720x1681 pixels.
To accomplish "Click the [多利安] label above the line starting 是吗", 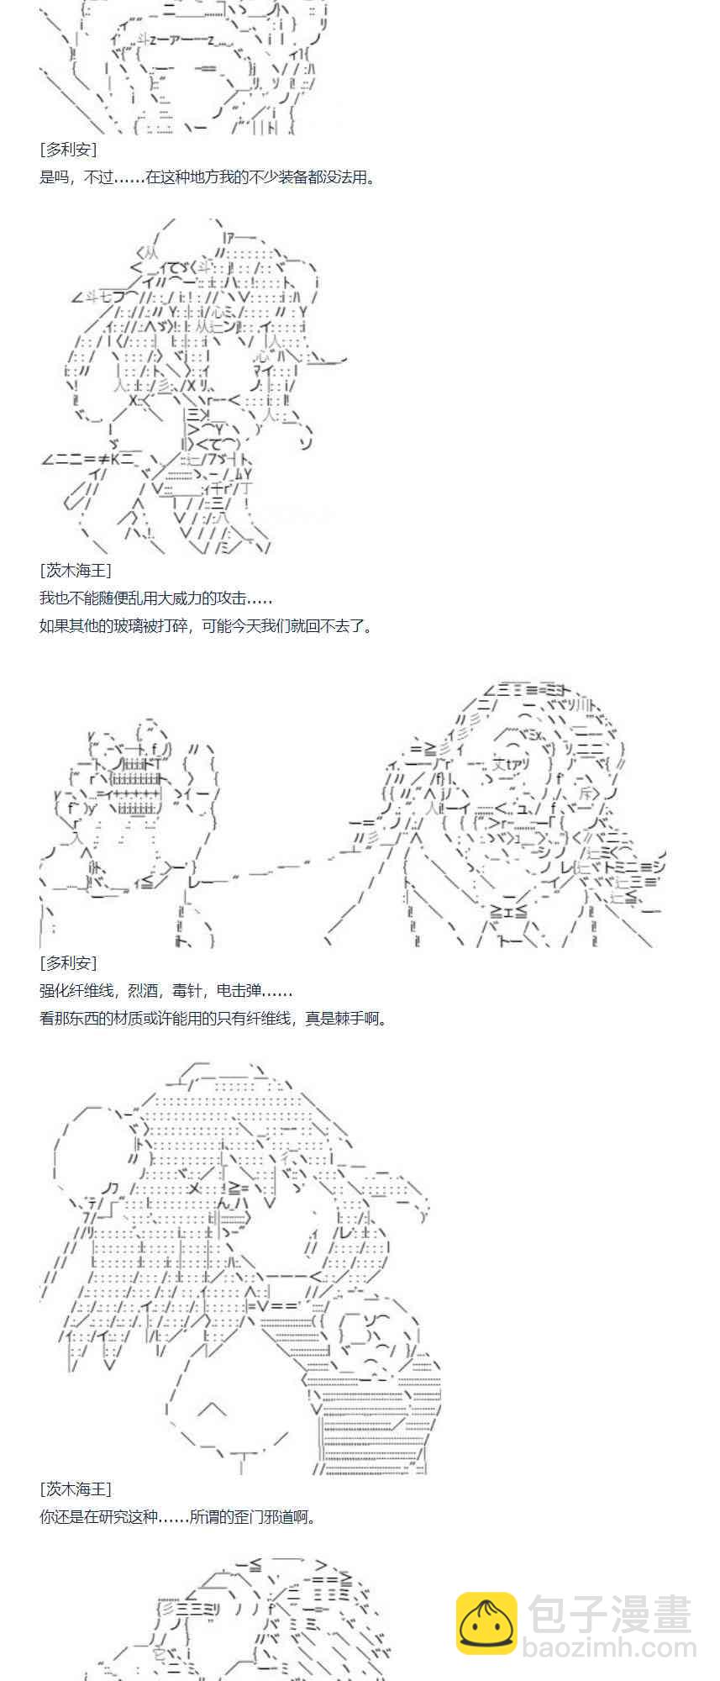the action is [68, 150].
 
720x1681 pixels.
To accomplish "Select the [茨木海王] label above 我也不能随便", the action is [76, 571].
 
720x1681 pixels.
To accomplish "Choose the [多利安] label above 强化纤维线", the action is [68, 963].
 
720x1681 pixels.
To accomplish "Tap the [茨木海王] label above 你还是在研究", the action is [76, 1489].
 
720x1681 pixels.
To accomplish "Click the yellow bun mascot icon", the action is [486, 1623].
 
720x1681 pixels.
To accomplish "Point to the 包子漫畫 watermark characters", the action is [609, 1615].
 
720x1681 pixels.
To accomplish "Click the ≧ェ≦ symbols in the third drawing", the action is [509, 910].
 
